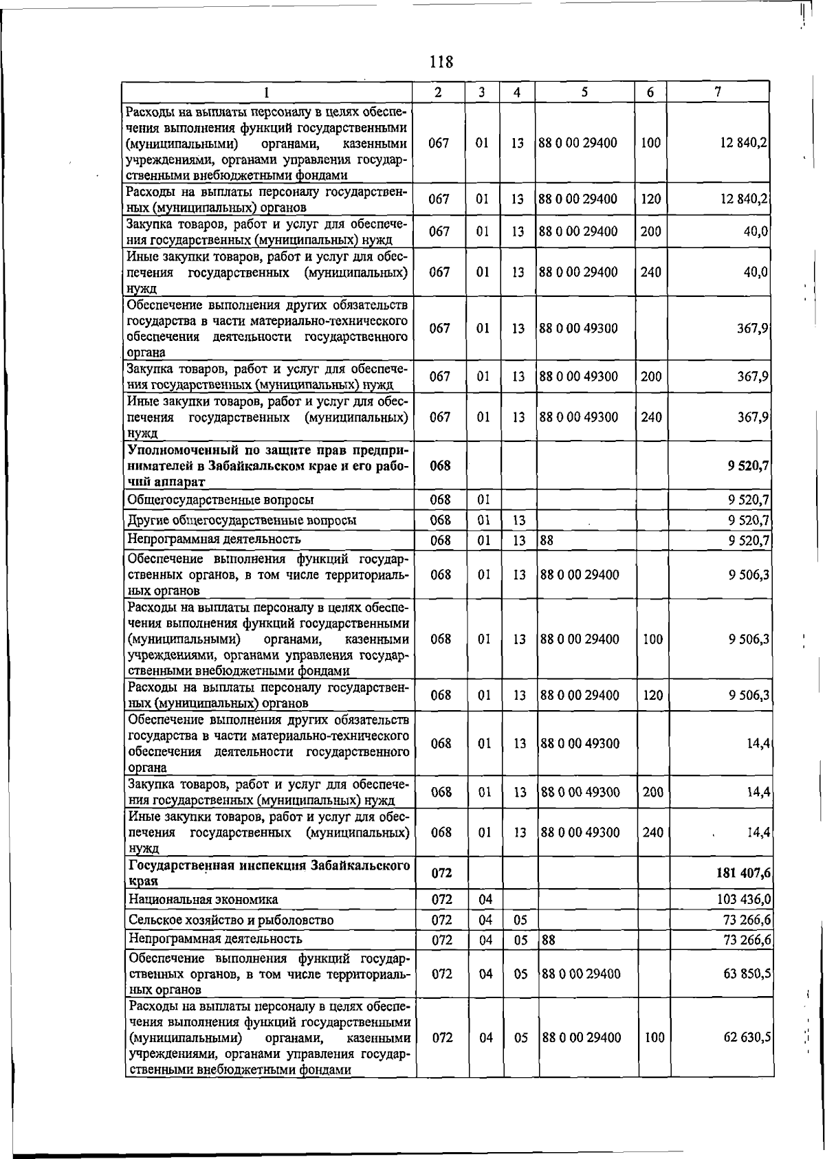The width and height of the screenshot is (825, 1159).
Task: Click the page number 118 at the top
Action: [441, 62]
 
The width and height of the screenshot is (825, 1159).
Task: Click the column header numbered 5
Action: [584, 92]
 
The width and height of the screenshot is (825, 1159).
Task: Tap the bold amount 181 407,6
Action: [742, 872]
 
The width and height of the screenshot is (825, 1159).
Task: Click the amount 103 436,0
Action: [744, 899]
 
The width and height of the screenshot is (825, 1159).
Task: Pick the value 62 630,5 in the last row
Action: [746, 1037]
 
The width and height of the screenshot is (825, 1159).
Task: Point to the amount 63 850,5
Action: [746, 974]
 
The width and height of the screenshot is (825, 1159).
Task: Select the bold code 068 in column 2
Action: [439, 465]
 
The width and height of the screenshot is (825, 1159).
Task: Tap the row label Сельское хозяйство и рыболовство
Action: [231, 920]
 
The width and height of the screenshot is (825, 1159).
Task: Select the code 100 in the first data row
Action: [650, 143]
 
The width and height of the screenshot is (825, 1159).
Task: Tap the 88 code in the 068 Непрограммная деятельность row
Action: [547, 540]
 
